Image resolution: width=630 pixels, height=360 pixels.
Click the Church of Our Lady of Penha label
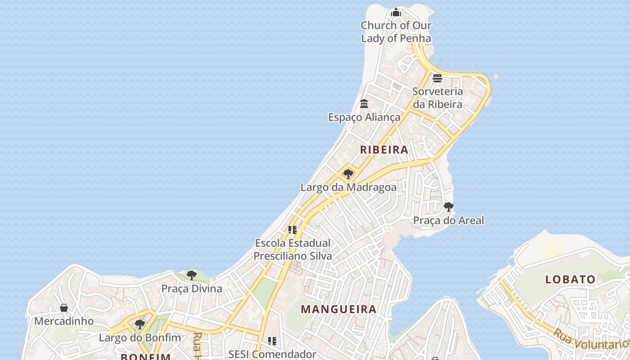click(x=396, y=32)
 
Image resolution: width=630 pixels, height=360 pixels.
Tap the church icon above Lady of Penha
click(x=396, y=12)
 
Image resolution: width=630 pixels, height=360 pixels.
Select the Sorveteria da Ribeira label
click(x=437, y=98)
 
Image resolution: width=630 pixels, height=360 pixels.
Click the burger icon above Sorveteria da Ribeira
click(x=437, y=78)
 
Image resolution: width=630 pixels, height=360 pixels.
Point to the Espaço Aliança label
click(x=364, y=117)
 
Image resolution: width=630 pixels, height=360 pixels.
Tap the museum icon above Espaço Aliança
click(x=364, y=104)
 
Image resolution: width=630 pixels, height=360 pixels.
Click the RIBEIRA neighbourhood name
click(x=384, y=150)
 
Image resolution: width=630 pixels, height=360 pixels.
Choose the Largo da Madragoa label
click(x=348, y=187)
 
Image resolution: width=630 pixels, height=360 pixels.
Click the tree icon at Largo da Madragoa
click(x=348, y=174)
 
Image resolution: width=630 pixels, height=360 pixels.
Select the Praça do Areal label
click(x=449, y=220)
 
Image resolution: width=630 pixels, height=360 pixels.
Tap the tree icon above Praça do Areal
click(x=448, y=207)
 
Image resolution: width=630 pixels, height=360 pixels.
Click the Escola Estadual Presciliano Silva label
click(x=293, y=250)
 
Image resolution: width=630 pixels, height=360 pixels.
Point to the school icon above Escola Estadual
click(x=292, y=230)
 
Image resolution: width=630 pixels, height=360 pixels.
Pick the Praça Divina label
click(x=192, y=288)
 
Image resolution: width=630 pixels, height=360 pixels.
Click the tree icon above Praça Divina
click(x=192, y=275)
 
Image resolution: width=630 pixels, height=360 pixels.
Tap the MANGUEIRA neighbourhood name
click(x=338, y=309)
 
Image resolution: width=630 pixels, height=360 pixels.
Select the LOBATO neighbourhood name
click(x=570, y=279)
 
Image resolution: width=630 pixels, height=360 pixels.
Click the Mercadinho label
click(x=64, y=321)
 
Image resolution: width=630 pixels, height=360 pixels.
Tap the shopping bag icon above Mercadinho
click(x=64, y=308)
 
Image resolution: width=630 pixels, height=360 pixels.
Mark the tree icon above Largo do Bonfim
click(x=140, y=324)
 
